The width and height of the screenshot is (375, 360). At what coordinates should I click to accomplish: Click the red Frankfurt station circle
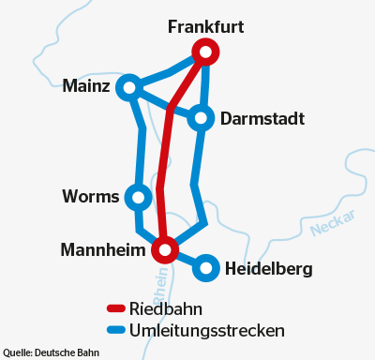[204, 52]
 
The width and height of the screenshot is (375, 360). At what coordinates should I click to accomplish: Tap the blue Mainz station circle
[129, 87]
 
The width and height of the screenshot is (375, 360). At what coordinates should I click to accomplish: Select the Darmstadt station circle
[201, 118]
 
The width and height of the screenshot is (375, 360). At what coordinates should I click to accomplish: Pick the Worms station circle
[138, 197]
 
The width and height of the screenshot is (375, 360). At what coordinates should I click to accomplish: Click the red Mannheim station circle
[165, 249]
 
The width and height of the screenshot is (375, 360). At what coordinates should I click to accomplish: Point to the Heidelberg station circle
[206, 269]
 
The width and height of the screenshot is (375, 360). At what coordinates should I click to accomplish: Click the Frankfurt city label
[205, 27]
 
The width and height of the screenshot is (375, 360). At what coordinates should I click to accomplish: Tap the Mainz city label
[87, 86]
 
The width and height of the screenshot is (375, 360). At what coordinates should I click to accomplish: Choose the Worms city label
[90, 197]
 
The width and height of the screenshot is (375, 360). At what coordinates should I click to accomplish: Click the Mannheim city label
[103, 250]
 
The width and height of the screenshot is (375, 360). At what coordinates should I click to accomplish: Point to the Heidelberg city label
[269, 270]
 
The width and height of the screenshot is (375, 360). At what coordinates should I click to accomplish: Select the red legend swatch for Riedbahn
[116, 308]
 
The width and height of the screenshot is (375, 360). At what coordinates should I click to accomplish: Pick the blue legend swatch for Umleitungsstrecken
[116, 330]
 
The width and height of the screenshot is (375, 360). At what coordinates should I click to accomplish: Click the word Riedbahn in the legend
[166, 308]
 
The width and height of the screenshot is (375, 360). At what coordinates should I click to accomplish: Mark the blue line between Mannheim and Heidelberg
[187, 260]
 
